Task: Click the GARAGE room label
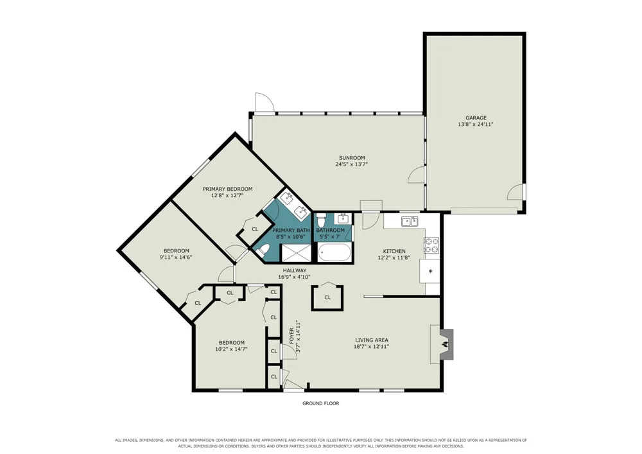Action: (476, 118)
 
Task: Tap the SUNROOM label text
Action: (352, 157)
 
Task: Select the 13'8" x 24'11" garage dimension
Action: (476, 124)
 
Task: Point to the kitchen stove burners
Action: (431, 245)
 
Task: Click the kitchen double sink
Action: (410, 222)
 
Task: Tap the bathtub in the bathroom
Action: (334, 252)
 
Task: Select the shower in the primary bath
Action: (295, 253)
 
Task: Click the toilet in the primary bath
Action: (263, 250)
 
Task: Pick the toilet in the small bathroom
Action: (320, 220)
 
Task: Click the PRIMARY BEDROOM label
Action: (228, 189)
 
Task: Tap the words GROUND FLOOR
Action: (320, 403)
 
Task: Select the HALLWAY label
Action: (295, 270)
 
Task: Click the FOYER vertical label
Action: (291, 335)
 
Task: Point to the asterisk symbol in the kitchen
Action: (430, 272)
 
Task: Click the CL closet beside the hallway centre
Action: (327, 297)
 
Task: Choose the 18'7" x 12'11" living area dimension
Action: (371, 346)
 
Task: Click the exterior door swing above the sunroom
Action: (264, 102)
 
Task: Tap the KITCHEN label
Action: (394, 251)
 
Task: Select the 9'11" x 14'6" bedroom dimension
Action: (176, 257)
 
